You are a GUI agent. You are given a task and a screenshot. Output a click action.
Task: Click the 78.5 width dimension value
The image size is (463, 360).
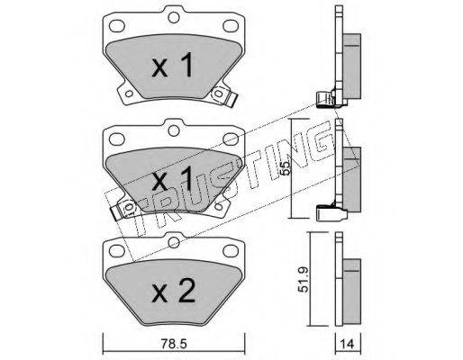pos(174,344)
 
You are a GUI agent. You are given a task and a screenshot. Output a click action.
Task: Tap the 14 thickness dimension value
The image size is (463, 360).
pos(348,344)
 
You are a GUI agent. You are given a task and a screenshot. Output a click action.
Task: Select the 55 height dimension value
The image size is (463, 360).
pos(286,168)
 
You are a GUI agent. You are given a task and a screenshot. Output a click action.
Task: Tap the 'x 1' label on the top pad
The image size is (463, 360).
pos(172,65)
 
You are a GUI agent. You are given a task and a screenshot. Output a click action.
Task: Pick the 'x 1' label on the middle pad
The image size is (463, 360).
pos(172,178)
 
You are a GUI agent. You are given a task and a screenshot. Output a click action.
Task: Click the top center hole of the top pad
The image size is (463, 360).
pos(174,17)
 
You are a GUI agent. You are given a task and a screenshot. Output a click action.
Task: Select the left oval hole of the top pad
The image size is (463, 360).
pos(117,26)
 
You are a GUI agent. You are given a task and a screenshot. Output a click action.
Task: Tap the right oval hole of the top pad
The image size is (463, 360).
pos(231,26)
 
